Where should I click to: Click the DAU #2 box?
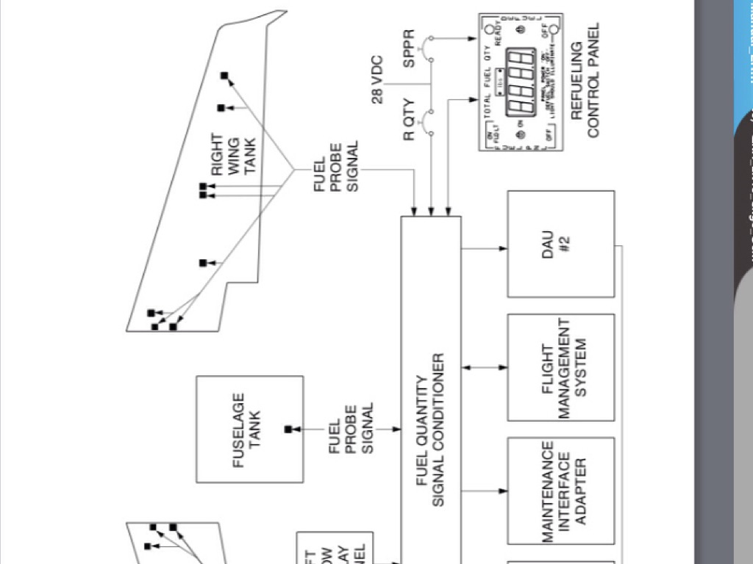click(560, 244)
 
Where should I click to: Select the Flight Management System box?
click(560, 367)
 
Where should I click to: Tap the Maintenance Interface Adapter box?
click(560, 491)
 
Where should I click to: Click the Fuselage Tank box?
click(249, 429)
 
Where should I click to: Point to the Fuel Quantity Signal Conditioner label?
click(430, 430)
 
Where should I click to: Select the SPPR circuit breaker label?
click(410, 48)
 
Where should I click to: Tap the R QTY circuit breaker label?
click(410, 118)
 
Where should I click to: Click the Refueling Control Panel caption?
click(585, 81)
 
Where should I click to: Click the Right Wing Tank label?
click(234, 154)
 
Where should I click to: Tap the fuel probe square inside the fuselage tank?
click(288, 429)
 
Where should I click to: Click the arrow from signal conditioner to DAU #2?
click(485, 248)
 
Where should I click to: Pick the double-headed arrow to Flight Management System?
click(485, 365)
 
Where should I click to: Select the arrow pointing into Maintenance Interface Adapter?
click(485, 488)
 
